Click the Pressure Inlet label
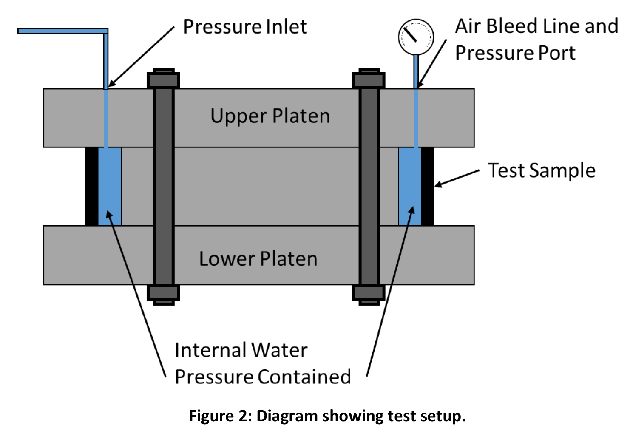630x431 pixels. (x=245, y=27)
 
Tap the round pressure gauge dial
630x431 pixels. (x=415, y=37)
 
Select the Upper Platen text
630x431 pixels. (x=270, y=116)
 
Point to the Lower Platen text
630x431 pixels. (x=258, y=259)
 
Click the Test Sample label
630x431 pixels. (x=541, y=170)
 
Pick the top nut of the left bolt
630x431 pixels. (x=163, y=79)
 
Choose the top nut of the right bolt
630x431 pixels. (x=369, y=79)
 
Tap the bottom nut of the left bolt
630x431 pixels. (x=163, y=293)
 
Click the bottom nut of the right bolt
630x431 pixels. (x=369, y=293)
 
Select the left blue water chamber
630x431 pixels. (x=110, y=186)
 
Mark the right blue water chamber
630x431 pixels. (x=410, y=186)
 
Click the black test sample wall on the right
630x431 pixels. (x=427, y=186)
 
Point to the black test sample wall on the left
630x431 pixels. (x=92, y=186)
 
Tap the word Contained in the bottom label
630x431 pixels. (x=304, y=377)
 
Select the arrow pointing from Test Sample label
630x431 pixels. (x=457, y=178)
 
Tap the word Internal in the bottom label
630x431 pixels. (x=210, y=351)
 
